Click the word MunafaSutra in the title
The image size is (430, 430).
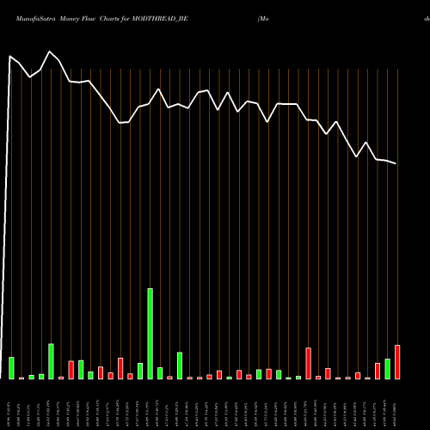28,17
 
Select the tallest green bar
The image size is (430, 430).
150,334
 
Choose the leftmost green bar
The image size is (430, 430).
11,368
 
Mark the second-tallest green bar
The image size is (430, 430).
51,361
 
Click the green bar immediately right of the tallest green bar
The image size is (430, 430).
160,373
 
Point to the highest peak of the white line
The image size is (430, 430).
11,57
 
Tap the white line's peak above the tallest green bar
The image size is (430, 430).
158,89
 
